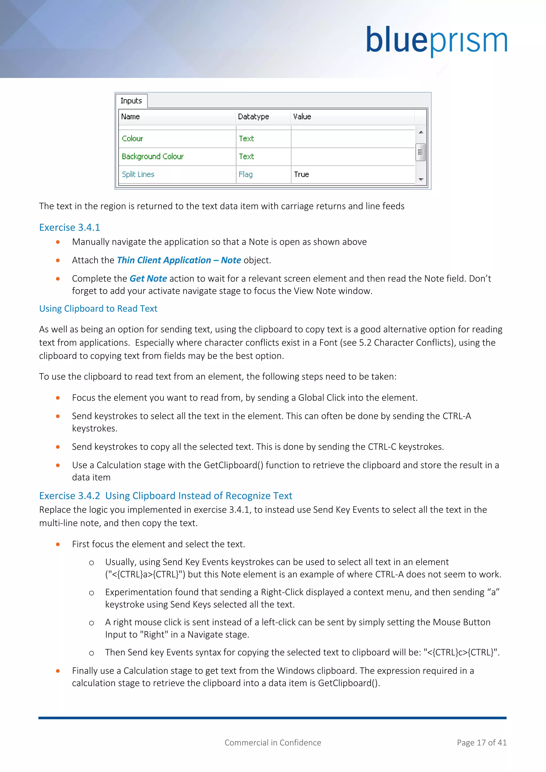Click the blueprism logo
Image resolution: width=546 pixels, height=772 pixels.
point(436,41)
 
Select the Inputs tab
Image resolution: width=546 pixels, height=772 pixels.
point(131,101)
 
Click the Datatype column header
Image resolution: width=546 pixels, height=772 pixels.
point(254,117)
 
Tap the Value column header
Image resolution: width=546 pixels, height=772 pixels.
point(302,117)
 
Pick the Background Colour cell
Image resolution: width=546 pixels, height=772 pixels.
point(153,157)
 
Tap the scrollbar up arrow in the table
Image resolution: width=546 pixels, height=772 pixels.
point(421,132)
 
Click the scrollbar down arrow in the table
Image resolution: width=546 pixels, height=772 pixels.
point(421,180)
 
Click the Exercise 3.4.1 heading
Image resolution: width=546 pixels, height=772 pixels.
point(70,228)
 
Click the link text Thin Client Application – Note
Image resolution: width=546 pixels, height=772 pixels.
point(179,260)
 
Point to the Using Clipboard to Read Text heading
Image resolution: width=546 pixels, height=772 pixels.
point(98,309)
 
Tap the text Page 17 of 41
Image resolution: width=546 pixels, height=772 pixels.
point(481,743)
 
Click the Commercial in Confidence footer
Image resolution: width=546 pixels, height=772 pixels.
point(273,743)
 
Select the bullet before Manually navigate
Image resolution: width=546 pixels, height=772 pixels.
point(58,242)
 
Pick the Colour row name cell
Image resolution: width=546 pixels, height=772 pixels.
point(133,139)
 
